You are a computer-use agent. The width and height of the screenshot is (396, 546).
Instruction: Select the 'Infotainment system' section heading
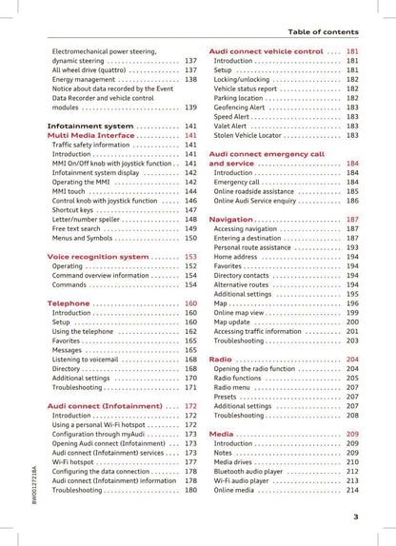[x=89, y=126]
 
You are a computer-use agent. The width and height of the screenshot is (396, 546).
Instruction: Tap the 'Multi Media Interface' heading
[x=90, y=135]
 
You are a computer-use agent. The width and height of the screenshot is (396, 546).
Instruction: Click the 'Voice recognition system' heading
[x=98, y=257]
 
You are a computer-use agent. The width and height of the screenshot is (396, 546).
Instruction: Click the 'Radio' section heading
[x=220, y=360]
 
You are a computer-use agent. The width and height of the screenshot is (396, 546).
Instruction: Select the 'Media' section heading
[x=221, y=434]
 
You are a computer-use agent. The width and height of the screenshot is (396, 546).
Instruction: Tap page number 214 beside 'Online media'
[x=352, y=490]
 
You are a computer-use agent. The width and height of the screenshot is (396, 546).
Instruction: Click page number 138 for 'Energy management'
[x=190, y=79]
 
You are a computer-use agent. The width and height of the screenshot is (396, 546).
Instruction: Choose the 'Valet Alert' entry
[x=230, y=126]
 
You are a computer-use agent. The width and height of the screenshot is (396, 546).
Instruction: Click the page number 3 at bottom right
[x=355, y=517]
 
